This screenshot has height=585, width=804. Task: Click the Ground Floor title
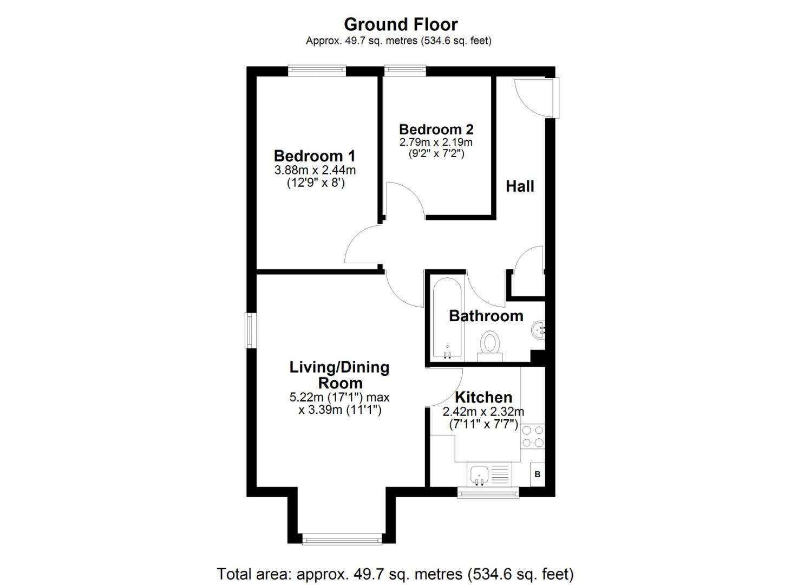401,24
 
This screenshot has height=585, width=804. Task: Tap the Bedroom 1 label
315,156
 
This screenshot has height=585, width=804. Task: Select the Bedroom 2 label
436,129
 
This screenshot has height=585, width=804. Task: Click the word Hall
520,186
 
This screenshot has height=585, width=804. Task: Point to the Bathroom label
486,316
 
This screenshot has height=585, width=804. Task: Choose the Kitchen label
483,397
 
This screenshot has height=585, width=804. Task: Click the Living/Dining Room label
339,375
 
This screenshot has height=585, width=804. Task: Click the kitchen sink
479,475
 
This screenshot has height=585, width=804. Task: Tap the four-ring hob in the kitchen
532,437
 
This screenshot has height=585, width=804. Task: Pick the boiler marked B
537,474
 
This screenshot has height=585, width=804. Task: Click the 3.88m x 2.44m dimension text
315,170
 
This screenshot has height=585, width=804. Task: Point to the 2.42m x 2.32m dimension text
483,412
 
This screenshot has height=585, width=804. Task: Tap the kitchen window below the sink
488,492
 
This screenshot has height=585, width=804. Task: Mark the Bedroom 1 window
317,69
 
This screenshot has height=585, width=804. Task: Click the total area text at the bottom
395,574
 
